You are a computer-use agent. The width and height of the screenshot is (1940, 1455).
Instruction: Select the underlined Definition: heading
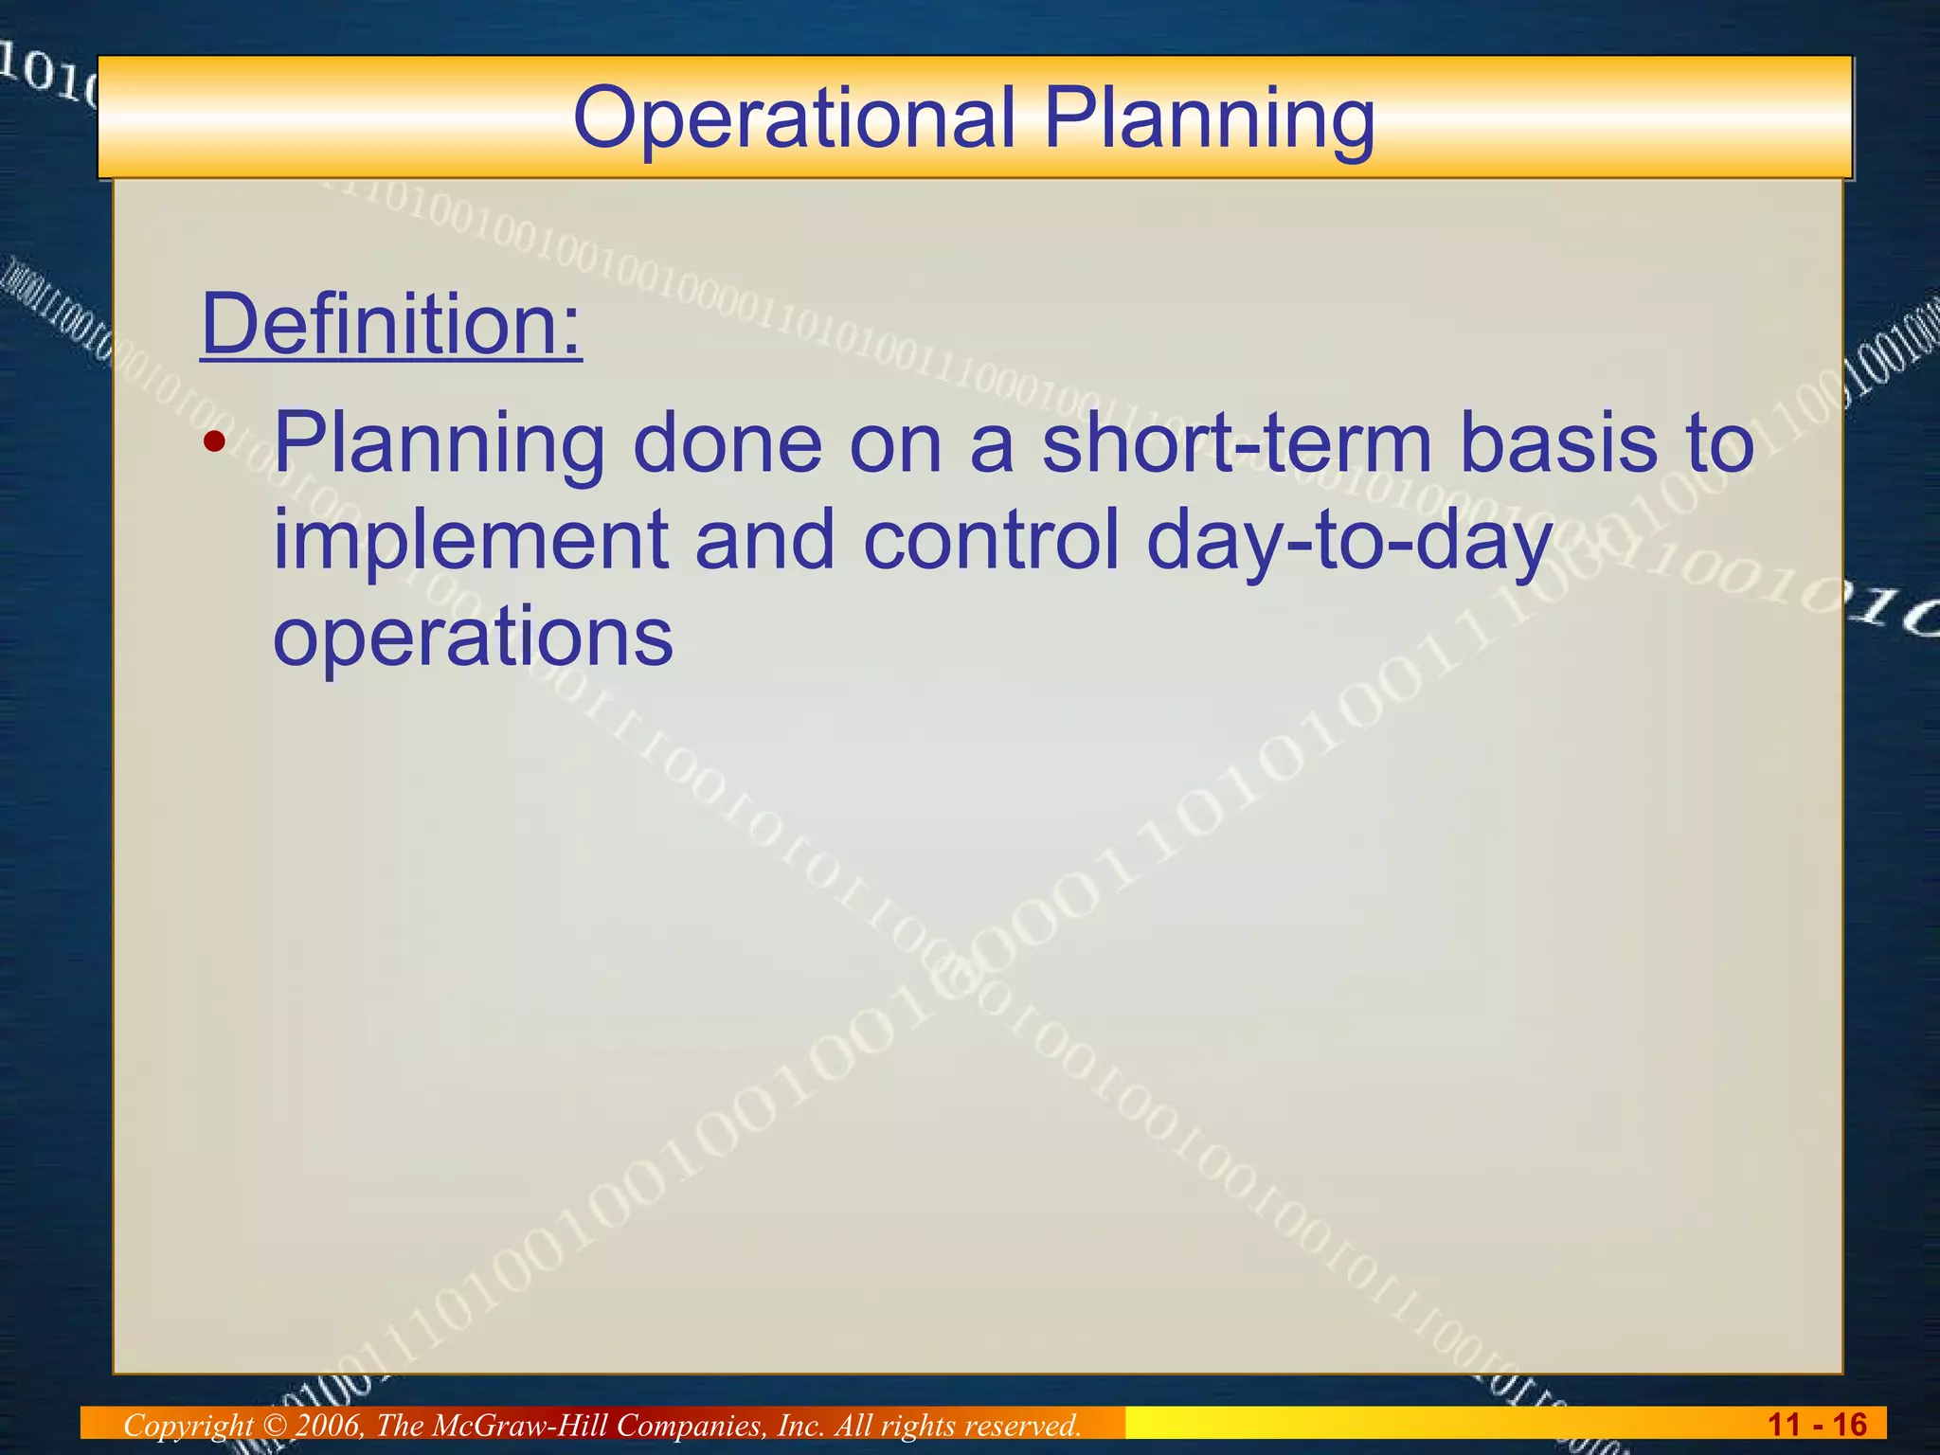coord(391,324)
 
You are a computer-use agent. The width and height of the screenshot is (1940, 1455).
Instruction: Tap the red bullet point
coord(216,441)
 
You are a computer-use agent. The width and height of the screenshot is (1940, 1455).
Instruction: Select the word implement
coord(470,540)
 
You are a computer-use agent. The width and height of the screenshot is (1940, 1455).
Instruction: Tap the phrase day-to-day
coord(1349,542)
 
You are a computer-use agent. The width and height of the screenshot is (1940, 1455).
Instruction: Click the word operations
coord(473,637)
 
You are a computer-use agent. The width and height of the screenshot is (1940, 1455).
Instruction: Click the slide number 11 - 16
coord(1817,1425)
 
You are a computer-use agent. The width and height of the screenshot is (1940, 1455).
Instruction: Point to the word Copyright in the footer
coord(189,1425)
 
